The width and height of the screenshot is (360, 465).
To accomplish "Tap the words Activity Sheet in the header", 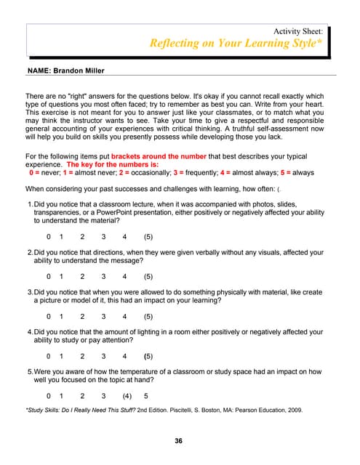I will [298, 31].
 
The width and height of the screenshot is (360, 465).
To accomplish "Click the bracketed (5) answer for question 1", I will [148, 237].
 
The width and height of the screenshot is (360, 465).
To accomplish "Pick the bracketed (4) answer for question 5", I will [127, 396].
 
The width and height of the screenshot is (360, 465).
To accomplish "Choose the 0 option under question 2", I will [49, 277].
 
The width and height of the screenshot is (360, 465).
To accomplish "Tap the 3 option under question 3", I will [104, 317].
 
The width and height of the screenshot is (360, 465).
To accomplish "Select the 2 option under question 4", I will [82, 356].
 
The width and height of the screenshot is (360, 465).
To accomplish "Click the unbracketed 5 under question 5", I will [146, 396].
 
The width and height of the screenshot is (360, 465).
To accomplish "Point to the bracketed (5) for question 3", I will [148, 317].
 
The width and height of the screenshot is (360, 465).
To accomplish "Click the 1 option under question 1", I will [62, 237].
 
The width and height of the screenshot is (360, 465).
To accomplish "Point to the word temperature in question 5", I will [151, 372].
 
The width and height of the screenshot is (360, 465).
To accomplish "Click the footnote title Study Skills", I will [46, 411].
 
